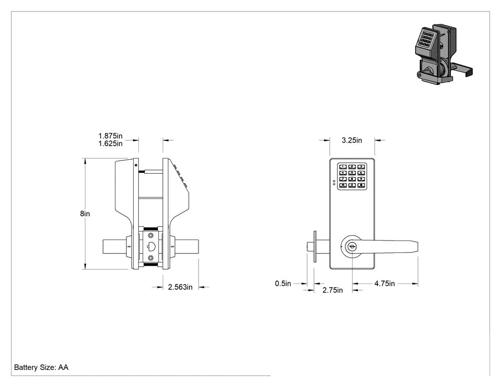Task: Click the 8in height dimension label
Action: tap(85, 213)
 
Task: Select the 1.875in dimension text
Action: tap(110, 136)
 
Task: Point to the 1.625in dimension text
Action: tap(110, 144)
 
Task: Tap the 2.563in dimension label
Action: tap(180, 287)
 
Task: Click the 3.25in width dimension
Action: tap(352, 140)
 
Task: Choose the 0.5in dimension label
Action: tap(283, 283)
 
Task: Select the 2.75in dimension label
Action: tap(332, 290)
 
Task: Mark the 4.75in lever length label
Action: tap(385, 283)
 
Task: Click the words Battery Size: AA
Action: tap(41, 367)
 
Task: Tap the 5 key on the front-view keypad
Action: tap(352, 173)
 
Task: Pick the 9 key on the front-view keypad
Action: tap(361, 179)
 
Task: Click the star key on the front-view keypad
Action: tap(343, 185)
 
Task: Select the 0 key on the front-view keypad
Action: tap(352, 185)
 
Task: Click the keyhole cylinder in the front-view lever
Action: tap(352, 247)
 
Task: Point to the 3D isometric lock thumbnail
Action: tap(443, 54)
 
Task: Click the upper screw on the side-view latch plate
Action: tap(151, 236)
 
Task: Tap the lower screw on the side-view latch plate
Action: tap(151, 258)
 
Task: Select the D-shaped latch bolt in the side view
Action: tap(151, 247)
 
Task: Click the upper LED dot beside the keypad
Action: tap(334, 181)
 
